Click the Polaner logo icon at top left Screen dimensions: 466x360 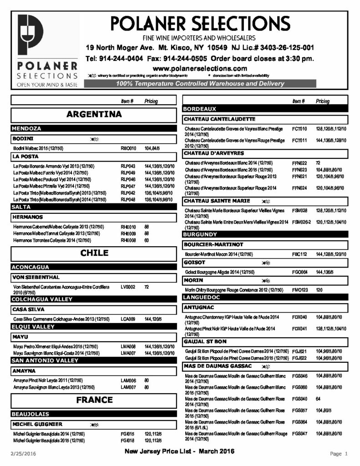point(30,35)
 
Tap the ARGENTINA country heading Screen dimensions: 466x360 point(94,114)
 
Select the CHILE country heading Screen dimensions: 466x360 point(94,253)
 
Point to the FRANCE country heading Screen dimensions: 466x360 point(94,400)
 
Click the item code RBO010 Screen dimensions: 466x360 point(128,148)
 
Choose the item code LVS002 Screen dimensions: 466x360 point(128,287)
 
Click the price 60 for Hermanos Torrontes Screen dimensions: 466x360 point(147,240)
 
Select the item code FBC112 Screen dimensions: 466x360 point(299,253)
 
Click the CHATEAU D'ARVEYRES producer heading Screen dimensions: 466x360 point(214,153)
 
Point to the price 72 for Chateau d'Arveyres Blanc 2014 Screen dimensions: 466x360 point(319,162)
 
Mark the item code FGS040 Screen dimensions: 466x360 point(299,399)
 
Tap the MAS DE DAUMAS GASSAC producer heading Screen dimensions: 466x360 point(218,366)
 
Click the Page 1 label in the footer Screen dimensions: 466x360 point(339,454)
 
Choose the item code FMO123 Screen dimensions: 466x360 point(299,289)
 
